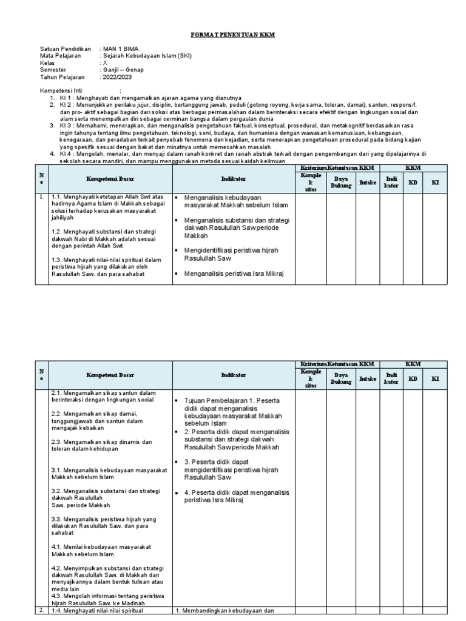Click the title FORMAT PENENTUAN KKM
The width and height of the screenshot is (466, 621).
click(x=233, y=36)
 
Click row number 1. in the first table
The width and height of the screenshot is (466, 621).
click(x=41, y=197)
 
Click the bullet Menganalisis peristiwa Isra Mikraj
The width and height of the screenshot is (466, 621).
click(x=230, y=274)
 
